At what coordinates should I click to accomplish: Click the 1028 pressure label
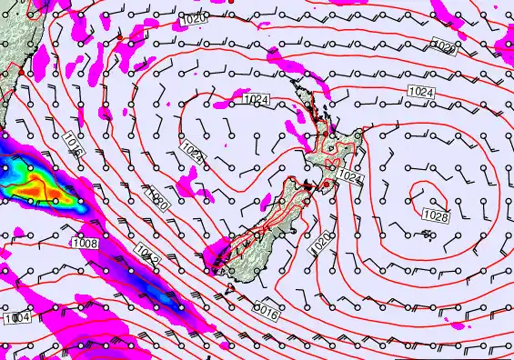pyautogui.click(x=436, y=215)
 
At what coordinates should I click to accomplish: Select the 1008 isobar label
pyautogui.click(x=86, y=243)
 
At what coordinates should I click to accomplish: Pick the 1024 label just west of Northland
pyautogui.click(x=257, y=101)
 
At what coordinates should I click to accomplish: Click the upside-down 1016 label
pyautogui.click(x=265, y=310)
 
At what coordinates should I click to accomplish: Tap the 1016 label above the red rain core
pyautogui.click(x=76, y=145)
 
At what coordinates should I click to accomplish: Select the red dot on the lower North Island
pyautogui.click(x=324, y=185)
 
